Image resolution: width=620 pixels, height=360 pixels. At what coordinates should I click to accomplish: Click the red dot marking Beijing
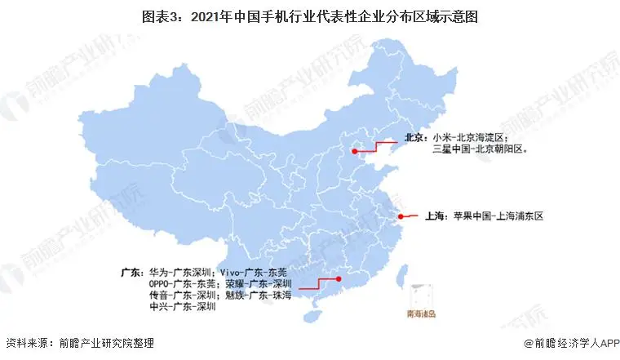(x=354, y=150)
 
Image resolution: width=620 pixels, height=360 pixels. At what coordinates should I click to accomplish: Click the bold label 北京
(x=414, y=138)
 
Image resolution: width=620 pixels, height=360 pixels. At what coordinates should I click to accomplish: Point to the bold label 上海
(x=434, y=216)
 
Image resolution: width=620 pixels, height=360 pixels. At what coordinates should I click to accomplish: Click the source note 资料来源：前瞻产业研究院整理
(x=79, y=344)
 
